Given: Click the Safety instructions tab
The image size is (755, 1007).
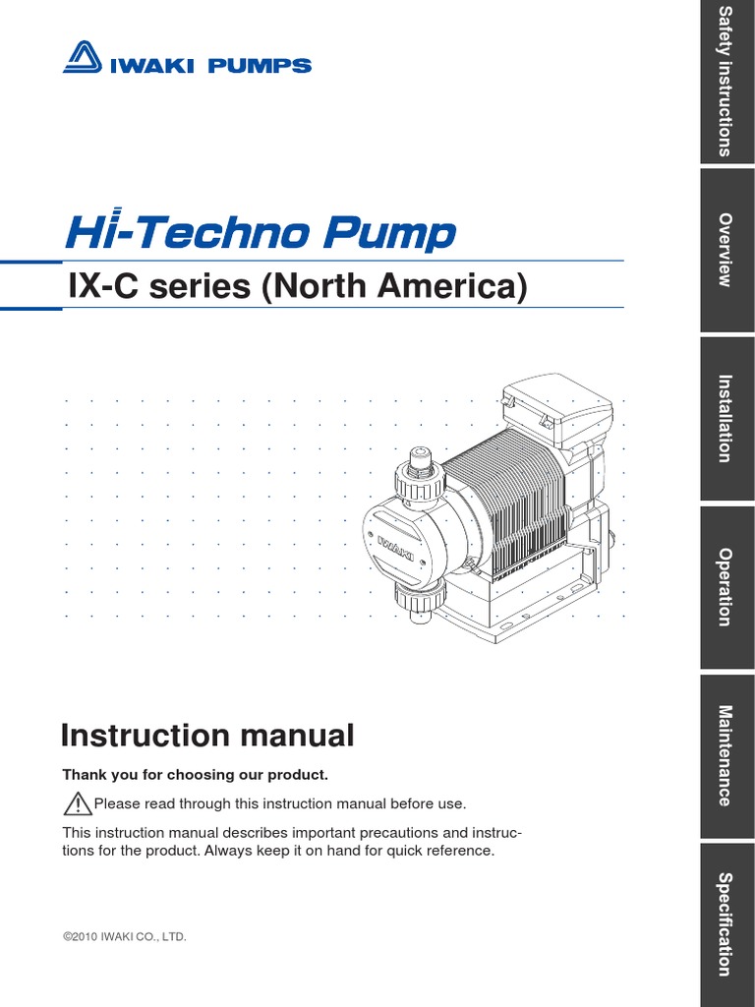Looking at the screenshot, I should click(726, 82).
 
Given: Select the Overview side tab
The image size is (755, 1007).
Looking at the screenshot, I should click(726, 250).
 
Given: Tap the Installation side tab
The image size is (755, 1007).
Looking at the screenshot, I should click(726, 419).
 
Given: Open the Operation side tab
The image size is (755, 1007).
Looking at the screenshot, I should click(726, 587).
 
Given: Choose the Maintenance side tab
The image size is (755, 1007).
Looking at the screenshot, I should click(726, 756).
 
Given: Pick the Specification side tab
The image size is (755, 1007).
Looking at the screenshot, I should click(726, 924).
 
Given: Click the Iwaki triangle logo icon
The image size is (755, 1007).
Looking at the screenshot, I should click(85, 58).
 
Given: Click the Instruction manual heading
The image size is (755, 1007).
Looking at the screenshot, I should click(207, 735).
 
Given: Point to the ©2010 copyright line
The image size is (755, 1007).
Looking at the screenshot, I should click(124, 937).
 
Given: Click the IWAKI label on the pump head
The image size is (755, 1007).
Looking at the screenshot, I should click(394, 542).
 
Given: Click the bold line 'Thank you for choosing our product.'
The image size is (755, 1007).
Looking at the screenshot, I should click(195, 775).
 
